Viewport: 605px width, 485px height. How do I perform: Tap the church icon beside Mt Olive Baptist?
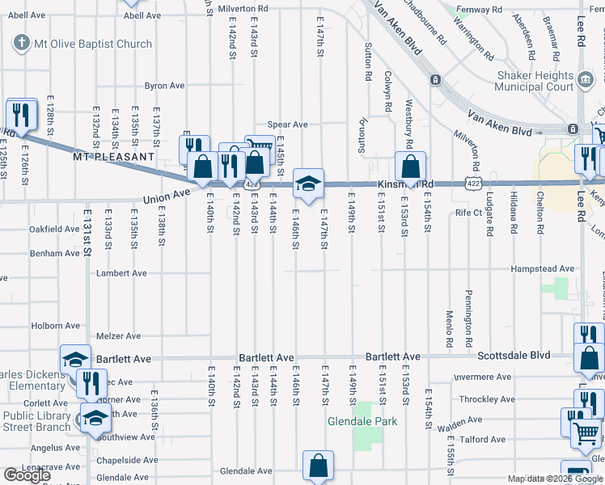click(19, 44)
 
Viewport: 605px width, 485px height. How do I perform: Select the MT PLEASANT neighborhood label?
click(113, 156)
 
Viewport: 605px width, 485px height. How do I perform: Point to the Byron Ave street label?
click(164, 86)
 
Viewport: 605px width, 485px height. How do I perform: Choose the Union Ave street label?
click(166, 196)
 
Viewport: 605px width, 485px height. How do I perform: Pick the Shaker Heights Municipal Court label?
click(534, 80)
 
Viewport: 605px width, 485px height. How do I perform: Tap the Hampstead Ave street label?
click(542, 268)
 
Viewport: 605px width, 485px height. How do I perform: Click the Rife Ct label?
click(468, 213)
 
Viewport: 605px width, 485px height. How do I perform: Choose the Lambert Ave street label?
click(121, 273)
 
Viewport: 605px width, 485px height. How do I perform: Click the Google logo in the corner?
click(27, 475)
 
